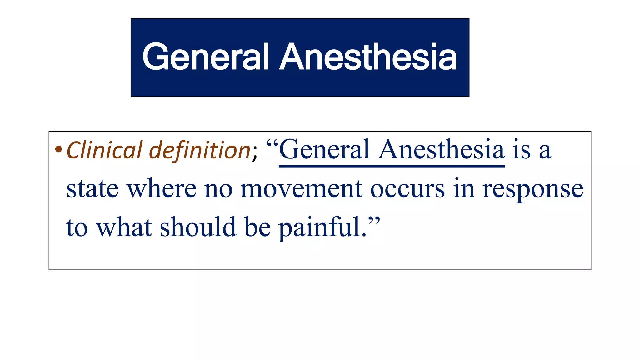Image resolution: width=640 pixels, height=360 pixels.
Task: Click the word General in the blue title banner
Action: point(206,57)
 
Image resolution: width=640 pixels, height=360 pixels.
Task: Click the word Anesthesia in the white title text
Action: point(368,57)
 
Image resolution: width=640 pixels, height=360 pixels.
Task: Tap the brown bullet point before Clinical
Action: point(58,149)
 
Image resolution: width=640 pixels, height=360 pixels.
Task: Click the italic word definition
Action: point(200,150)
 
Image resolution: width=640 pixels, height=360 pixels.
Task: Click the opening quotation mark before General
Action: point(272,144)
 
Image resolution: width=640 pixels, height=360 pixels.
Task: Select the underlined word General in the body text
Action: point(324,150)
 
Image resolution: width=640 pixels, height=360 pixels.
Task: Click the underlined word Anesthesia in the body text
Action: point(441,150)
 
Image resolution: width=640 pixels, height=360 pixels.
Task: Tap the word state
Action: point(92,189)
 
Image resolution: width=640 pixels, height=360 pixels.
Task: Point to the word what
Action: point(124,227)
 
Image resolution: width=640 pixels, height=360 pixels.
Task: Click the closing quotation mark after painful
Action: point(374,221)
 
